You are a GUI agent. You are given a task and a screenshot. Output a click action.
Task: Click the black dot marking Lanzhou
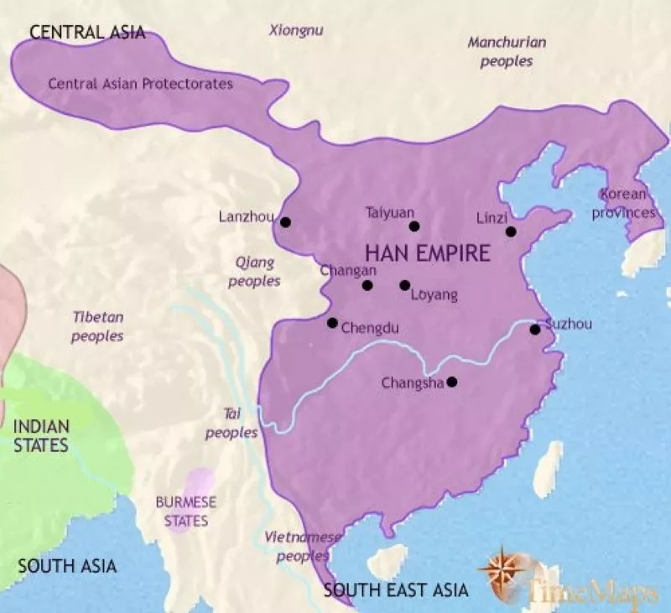pyautogui.click(x=286, y=222)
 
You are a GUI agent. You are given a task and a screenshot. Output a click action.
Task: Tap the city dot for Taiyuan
pyautogui.click(x=414, y=226)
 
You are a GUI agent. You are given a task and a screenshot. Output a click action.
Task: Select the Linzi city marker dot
pyautogui.click(x=511, y=231)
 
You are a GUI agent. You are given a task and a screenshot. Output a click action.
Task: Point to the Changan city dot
pyautogui.click(x=367, y=285)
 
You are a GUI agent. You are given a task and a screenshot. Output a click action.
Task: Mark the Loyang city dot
pyautogui.click(x=404, y=285)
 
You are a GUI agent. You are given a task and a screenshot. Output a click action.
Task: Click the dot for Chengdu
pyautogui.click(x=332, y=323)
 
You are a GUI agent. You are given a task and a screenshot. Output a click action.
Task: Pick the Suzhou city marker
pyautogui.click(x=535, y=330)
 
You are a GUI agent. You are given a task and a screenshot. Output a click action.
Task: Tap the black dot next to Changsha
pyautogui.click(x=452, y=382)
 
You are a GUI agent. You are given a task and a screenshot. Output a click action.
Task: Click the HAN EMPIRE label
pyautogui.click(x=426, y=254)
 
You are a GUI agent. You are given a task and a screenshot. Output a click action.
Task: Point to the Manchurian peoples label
pyautogui.click(x=507, y=51)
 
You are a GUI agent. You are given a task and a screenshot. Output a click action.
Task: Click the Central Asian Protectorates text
pyautogui.click(x=140, y=84)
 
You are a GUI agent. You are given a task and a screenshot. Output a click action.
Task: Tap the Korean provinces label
pyautogui.click(x=626, y=204)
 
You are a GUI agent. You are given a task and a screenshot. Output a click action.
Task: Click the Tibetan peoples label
pyautogui.click(x=97, y=326)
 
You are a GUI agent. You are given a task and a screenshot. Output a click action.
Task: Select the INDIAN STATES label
pyautogui.click(x=41, y=436)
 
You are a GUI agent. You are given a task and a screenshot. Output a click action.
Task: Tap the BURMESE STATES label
pyautogui.click(x=185, y=512)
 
